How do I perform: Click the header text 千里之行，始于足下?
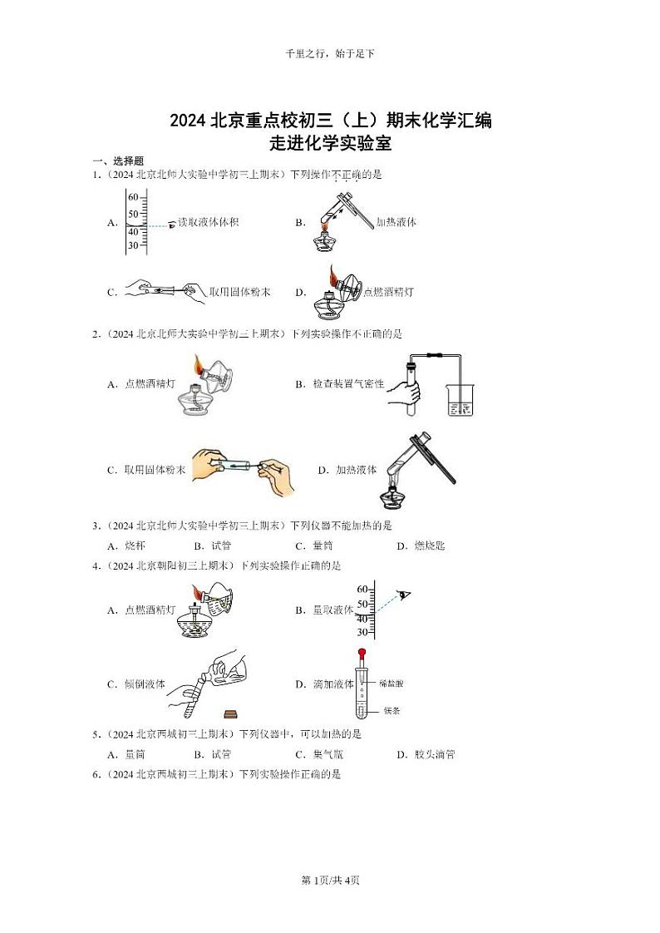click(330, 53)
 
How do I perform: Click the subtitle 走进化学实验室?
click(330, 142)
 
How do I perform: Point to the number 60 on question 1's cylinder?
click(132, 197)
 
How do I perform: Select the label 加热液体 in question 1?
click(396, 223)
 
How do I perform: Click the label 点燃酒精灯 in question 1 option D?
click(389, 292)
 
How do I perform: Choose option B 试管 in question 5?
click(214, 755)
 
